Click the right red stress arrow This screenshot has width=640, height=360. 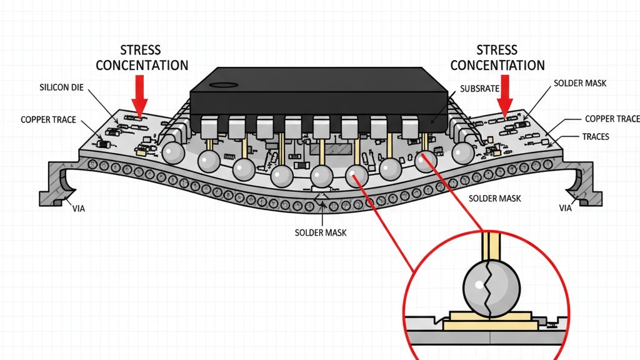504,94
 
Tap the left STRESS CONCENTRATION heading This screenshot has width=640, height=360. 142,57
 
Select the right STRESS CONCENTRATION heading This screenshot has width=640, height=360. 497,57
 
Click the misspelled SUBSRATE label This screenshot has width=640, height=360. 485,89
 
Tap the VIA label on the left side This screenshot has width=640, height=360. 78,208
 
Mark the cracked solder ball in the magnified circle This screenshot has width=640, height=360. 491,289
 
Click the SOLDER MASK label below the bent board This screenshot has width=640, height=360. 320,232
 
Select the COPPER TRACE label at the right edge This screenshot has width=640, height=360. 612,119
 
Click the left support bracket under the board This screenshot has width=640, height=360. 60,184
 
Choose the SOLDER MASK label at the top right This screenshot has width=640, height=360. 580,83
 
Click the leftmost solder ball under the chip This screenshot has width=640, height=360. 173,151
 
